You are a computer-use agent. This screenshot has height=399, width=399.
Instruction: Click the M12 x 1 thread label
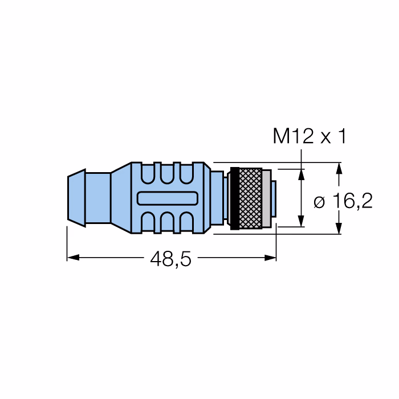[310, 136]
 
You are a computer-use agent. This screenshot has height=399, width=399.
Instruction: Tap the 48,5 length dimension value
[170, 259]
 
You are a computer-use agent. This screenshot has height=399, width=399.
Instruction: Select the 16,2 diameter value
[353, 201]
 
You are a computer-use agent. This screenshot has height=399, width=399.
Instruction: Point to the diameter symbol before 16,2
[319, 202]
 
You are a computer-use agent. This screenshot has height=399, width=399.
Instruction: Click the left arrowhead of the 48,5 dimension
[74, 258]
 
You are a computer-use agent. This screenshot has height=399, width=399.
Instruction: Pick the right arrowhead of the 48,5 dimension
[270, 258]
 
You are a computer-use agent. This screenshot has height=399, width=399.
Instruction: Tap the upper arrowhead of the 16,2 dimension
[339, 169]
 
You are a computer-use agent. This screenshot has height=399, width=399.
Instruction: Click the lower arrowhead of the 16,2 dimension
[339, 228]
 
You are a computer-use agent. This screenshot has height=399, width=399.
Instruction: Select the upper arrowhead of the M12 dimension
[302, 174]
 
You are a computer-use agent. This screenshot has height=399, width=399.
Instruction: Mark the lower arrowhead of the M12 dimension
[302, 221]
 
